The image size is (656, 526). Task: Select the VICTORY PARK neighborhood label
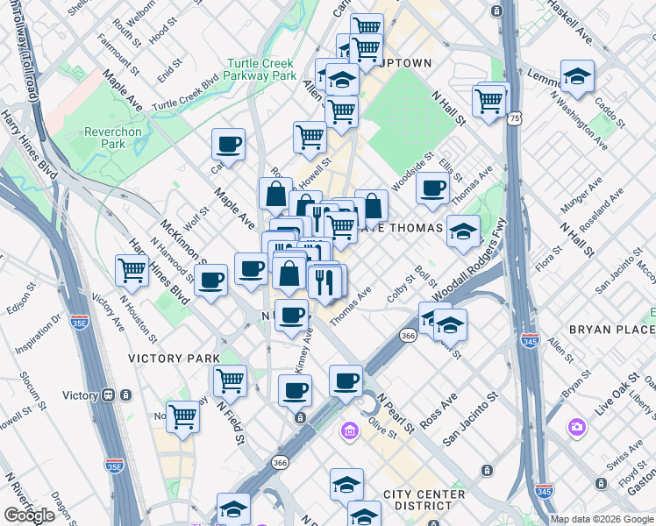pos(174,359)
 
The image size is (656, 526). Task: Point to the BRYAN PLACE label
pos(611,329)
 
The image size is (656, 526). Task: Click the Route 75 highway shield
pos(514,117)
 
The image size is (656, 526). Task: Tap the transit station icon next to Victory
pos(108,395)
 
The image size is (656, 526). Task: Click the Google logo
pos(29,515)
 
